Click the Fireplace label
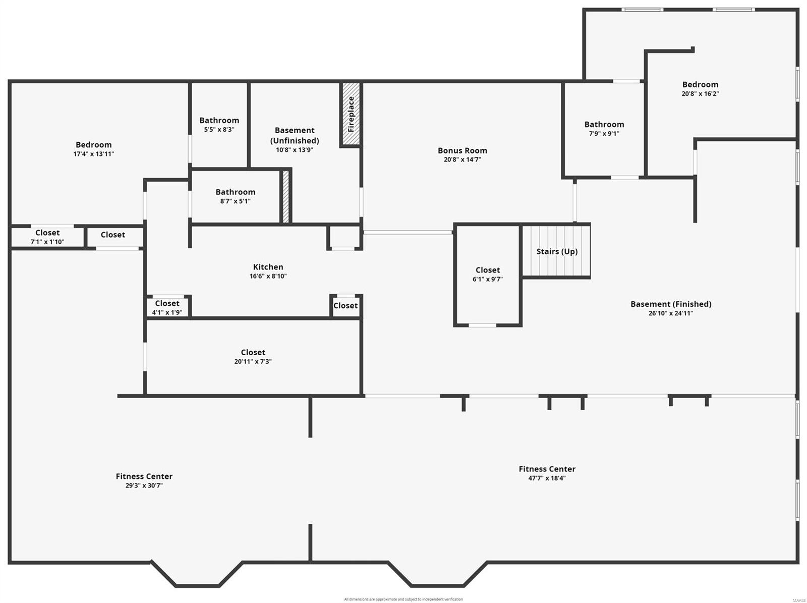point(351,114)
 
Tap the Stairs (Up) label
point(557,251)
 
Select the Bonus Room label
point(462,150)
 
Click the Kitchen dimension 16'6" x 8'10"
point(268,276)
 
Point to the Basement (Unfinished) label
point(295,135)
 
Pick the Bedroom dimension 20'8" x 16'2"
point(700,94)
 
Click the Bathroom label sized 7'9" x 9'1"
point(604,124)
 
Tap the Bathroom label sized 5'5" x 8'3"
point(219,120)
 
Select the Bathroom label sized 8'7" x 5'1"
point(235,192)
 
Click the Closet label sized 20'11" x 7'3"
point(253,352)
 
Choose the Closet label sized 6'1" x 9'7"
point(488,270)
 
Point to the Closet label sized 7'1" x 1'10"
point(47,233)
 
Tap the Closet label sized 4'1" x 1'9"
point(167,303)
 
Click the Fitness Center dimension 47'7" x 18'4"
point(547,478)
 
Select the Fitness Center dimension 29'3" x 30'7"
point(144,485)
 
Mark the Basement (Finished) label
point(671,304)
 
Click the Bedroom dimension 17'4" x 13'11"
point(93,154)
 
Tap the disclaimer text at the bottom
point(403,599)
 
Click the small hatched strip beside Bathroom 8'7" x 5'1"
point(285,197)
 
